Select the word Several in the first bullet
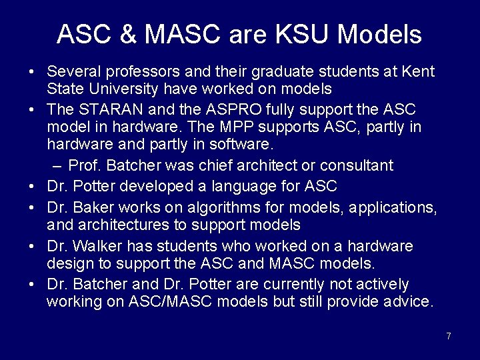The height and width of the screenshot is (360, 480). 73,70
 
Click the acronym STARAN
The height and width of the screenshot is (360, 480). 107,108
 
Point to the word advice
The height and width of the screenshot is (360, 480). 408,302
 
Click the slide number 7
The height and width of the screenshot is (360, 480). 449,336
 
